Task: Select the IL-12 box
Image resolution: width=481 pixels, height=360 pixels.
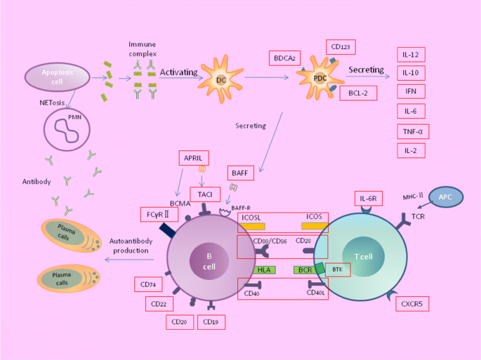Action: tap(411, 54)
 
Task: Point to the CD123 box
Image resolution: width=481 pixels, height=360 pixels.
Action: tap(341, 47)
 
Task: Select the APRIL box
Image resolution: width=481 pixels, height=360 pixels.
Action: tap(193, 159)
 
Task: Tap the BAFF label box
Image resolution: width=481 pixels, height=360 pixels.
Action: tap(238, 172)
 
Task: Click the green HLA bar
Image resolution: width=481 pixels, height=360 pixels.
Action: tap(263, 269)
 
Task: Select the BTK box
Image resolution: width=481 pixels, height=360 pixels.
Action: tap(337, 269)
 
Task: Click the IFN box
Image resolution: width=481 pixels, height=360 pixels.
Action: tap(411, 92)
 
